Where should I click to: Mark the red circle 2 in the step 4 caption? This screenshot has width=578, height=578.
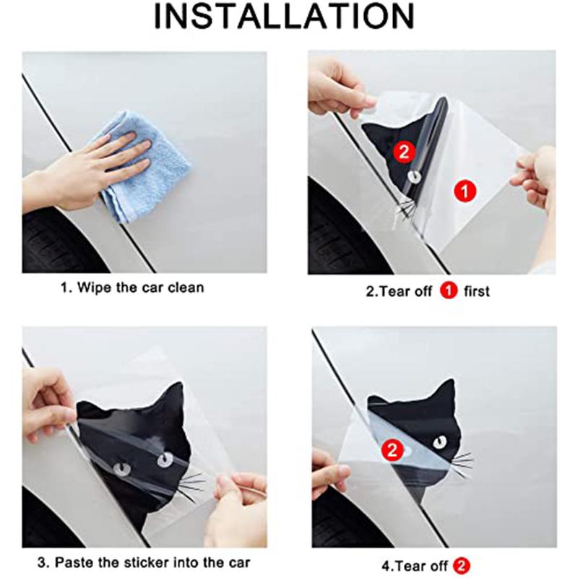[462, 563]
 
